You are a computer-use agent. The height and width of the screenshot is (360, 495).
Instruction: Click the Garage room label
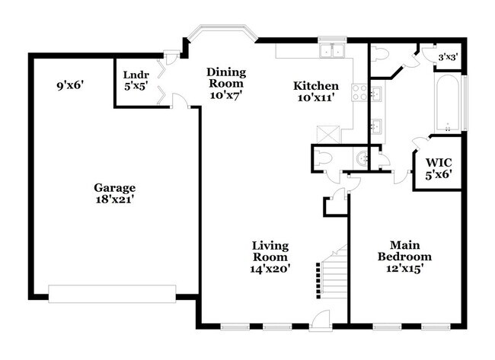tap(114, 187)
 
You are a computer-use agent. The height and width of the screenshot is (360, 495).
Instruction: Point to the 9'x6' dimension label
tap(69, 86)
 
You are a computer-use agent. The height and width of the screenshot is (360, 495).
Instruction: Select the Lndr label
tap(136, 75)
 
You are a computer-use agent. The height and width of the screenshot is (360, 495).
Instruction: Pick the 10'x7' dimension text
tap(226, 96)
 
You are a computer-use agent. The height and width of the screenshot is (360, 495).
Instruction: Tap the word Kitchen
tap(316, 86)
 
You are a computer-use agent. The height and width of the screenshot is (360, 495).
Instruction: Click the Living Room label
tap(271, 251)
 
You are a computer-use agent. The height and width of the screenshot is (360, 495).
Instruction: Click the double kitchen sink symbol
tap(332, 52)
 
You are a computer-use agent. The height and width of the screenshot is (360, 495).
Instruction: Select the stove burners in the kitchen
tap(358, 93)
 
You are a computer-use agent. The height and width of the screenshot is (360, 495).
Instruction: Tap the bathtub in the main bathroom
tap(446, 103)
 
